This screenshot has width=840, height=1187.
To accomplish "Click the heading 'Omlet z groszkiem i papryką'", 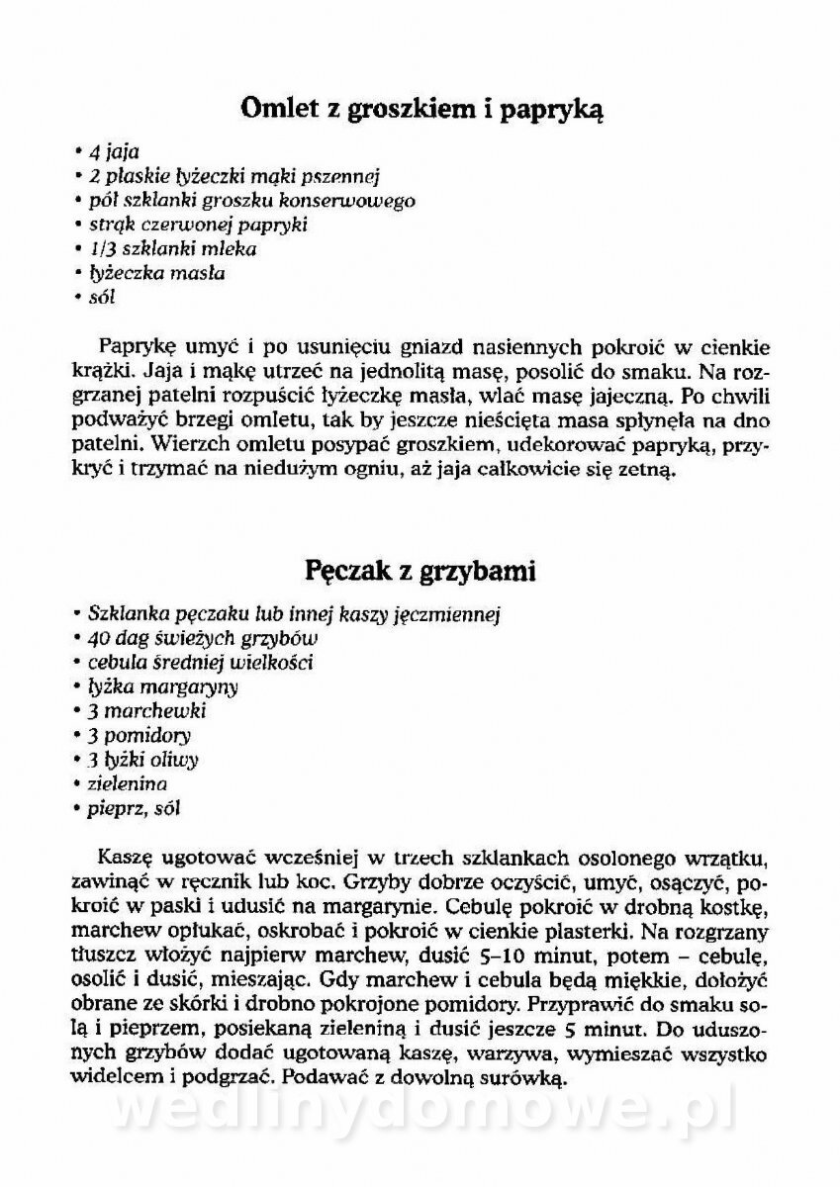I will click(421, 108).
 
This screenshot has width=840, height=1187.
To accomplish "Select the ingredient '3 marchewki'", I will click(146, 710).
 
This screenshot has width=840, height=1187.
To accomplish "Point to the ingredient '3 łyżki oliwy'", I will click(143, 760).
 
